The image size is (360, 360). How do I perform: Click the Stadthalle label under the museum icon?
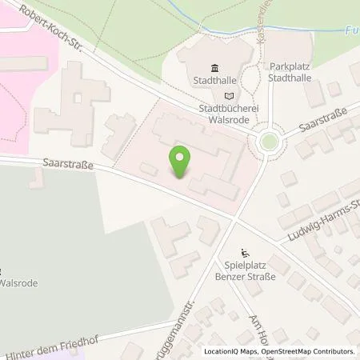(x=213, y=80)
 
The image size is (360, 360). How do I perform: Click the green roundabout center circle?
(x=269, y=143)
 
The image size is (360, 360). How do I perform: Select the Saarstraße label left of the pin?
(x=67, y=165)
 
